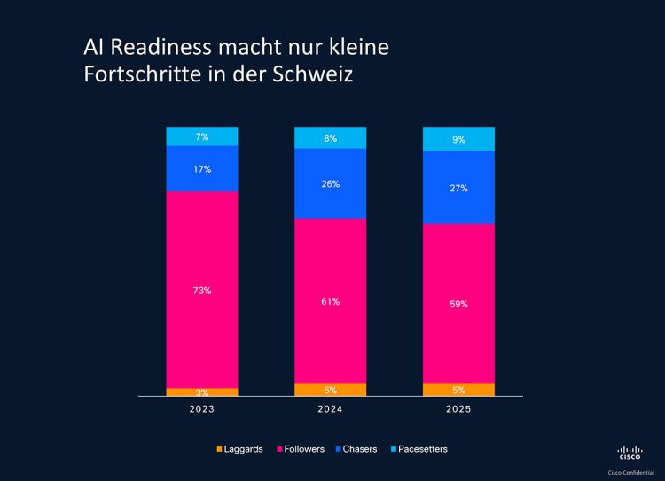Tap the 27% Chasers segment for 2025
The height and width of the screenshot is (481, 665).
[458, 188]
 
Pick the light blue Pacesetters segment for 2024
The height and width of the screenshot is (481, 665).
[330, 137]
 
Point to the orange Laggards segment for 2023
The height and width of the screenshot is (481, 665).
[202, 392]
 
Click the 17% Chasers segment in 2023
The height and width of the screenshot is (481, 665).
[202, 168]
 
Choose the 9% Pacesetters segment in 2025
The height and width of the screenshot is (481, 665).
[458, 139]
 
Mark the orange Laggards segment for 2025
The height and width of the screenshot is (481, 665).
[458, 389]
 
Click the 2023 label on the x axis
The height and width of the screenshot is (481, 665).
[202, 409]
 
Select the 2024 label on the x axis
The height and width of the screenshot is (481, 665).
[330, 409]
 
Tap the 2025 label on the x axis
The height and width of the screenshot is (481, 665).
[458, 409]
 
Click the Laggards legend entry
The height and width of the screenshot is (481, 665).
[239, 449]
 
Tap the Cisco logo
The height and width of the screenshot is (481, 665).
[630, 453]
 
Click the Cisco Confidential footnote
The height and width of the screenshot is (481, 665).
[630, 473]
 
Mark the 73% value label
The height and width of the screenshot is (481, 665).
[202, 291]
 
